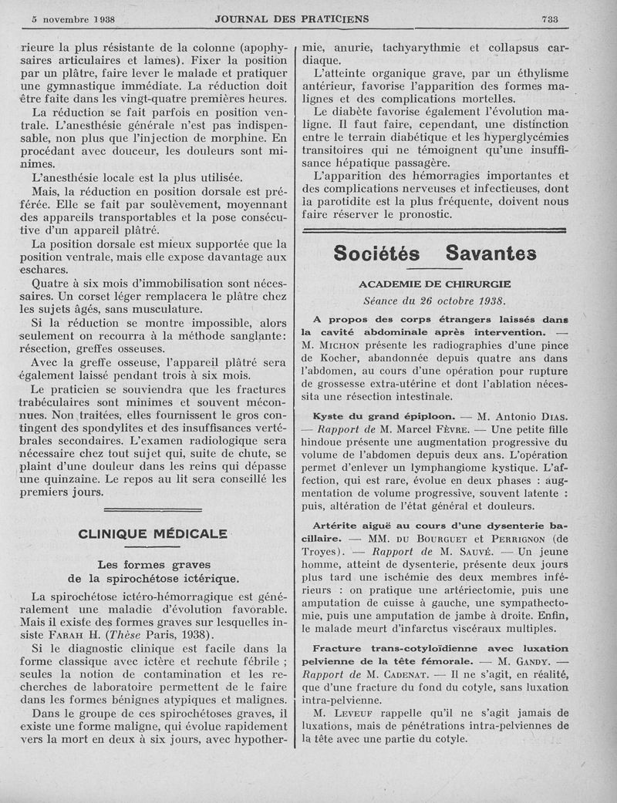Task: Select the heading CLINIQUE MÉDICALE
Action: pyautogui.click(x=153, y=533)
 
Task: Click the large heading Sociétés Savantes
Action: pyautogui.click(x=434, y=254)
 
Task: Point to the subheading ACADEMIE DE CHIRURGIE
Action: pyautogui.click(x=434, y=284)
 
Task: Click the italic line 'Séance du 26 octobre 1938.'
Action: pyautogui.click(x=434, y=301)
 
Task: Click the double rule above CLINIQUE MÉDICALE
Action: pyautogui.click(x=153, y=509)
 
